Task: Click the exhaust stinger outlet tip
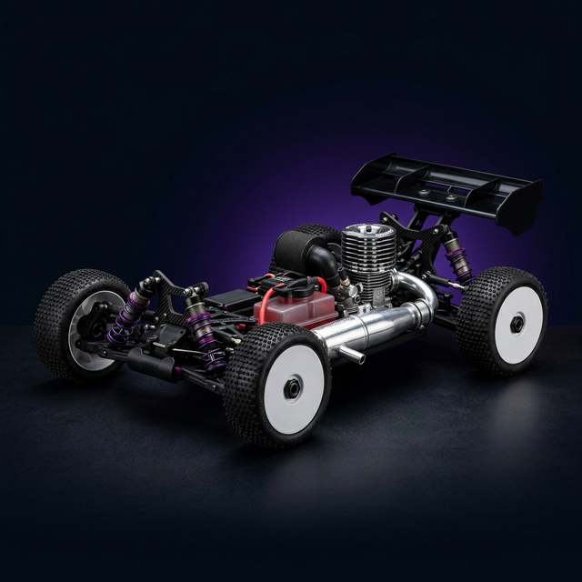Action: coord(358,357)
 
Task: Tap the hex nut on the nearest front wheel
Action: coord(293,388)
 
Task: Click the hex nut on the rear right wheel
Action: coord(516,324)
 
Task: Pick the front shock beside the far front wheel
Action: coord(132,310)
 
